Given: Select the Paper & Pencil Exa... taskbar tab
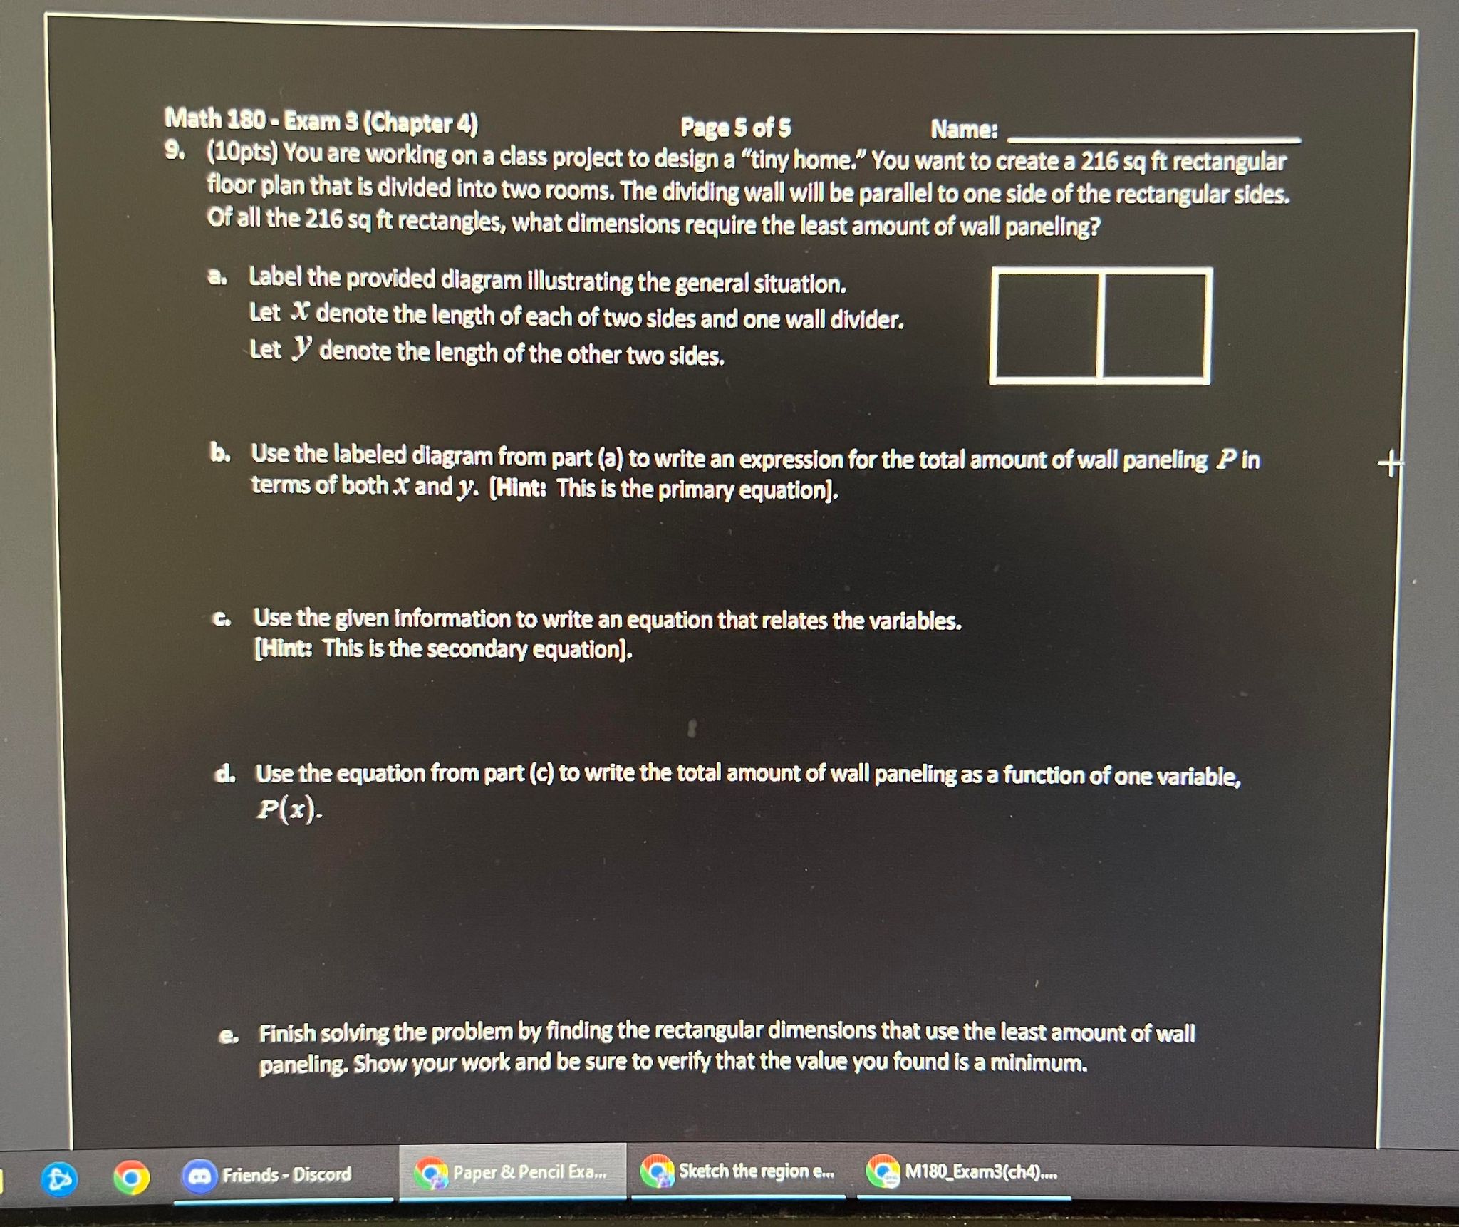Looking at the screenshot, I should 513,1172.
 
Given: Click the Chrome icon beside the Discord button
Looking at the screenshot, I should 131,1178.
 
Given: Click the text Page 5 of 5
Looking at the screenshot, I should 735,128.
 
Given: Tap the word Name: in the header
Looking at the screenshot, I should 964,130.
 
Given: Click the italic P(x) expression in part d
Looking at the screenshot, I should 288,809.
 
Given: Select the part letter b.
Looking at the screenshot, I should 219,453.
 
